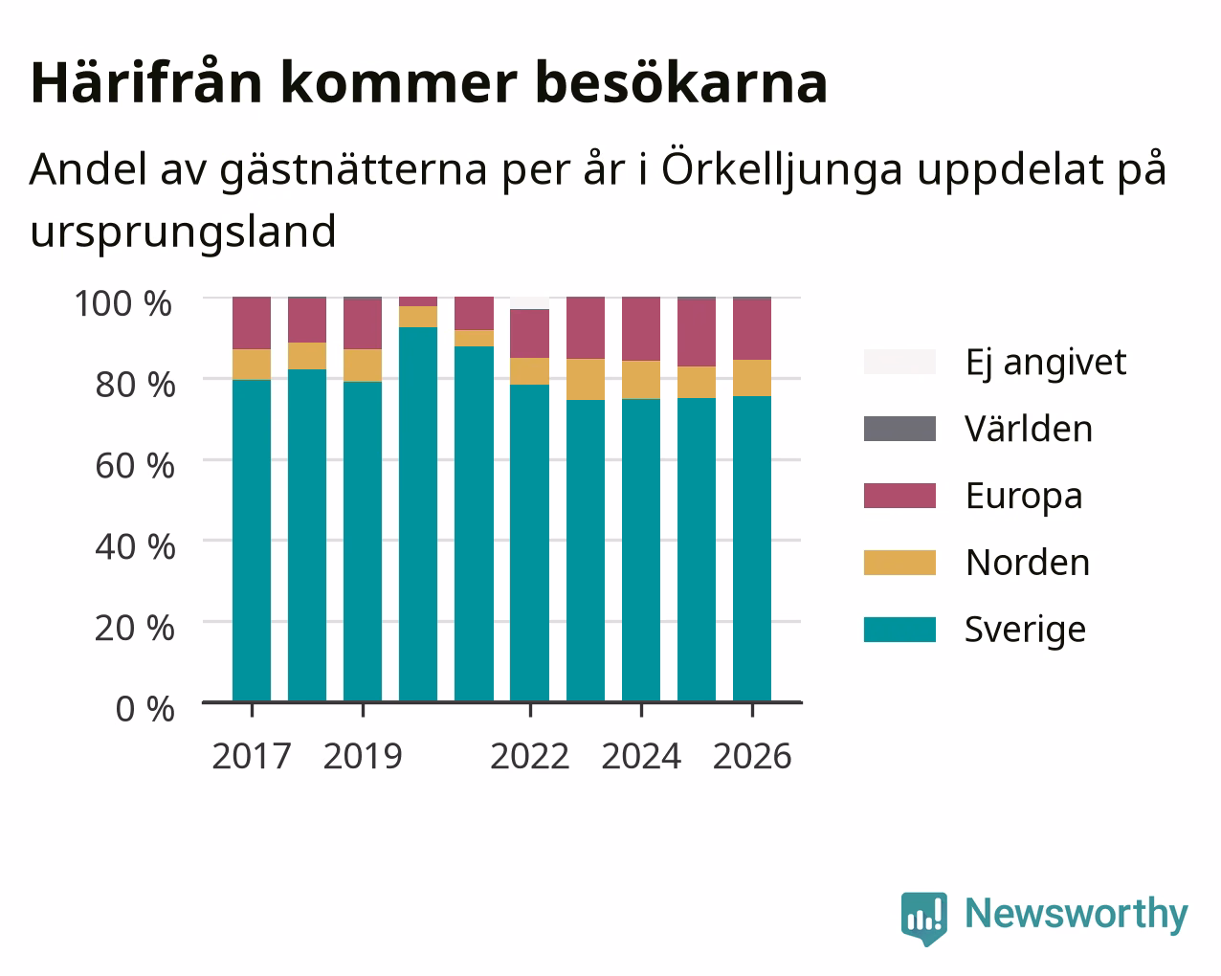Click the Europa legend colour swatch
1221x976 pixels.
click(x=899, y=496)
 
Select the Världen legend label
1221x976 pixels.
click(x=1028, y=429)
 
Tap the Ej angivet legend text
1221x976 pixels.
click(x=1046, y=364)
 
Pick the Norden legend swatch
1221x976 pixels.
click(x=899, y=563)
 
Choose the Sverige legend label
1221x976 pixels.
click(x=1025, y=630)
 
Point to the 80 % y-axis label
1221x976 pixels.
click(x=135, y=385)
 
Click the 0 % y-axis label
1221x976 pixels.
click(x=144, y=709)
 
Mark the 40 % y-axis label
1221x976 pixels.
click(x=135, y=547)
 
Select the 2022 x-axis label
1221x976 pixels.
click(x=529, y=756)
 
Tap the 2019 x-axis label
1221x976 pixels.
click(x=363, y=756)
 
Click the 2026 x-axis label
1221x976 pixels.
click(x=752, y=756)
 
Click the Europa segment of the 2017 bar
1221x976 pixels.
click(x=252, y=322)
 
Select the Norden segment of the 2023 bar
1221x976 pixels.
click(x=586, y=379)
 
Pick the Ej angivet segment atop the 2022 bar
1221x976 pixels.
click(x=529, y=303)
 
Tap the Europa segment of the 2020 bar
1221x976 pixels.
click(x=418, y=301)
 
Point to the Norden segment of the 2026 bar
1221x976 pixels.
click(x=752, y=378)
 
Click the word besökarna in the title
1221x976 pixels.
click(x=681, y=83)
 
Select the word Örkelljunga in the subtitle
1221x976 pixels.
click(x=782, y=169)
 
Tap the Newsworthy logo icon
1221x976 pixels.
click(x=923, y=919)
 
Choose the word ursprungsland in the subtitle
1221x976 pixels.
click(x=183, y=233)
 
